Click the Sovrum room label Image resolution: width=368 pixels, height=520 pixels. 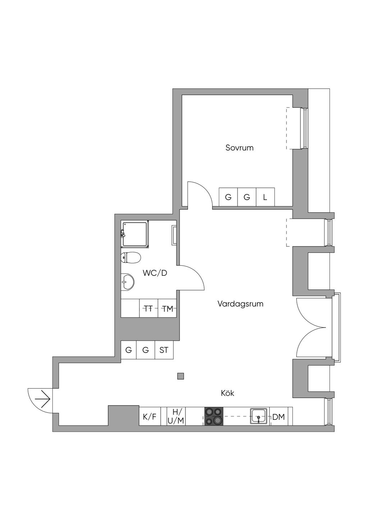point(239,148)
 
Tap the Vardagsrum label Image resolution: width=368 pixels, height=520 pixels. point(240,304)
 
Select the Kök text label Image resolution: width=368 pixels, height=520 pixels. point(227,393)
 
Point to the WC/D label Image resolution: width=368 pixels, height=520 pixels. point(155,273)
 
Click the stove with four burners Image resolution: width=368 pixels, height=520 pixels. point(214,417)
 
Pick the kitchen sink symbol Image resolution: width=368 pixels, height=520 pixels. point(259,417)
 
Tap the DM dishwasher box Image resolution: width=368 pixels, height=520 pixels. point(279,417)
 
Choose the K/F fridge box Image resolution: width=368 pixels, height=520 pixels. point(149,417)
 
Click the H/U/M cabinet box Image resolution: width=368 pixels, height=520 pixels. point(176,417)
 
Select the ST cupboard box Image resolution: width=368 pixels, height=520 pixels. point(164,350)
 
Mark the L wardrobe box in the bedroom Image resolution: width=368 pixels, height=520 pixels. point(265,197)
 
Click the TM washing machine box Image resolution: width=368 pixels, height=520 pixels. point(167,308)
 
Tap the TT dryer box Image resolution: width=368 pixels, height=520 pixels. point(148,308)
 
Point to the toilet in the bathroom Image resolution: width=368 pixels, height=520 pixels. point(130,257)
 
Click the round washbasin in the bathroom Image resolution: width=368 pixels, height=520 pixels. point(127,282)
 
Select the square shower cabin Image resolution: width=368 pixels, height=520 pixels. point(135,234)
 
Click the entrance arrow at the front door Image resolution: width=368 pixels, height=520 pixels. point(42,399)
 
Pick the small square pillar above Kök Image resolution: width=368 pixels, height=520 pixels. point(181,376)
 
